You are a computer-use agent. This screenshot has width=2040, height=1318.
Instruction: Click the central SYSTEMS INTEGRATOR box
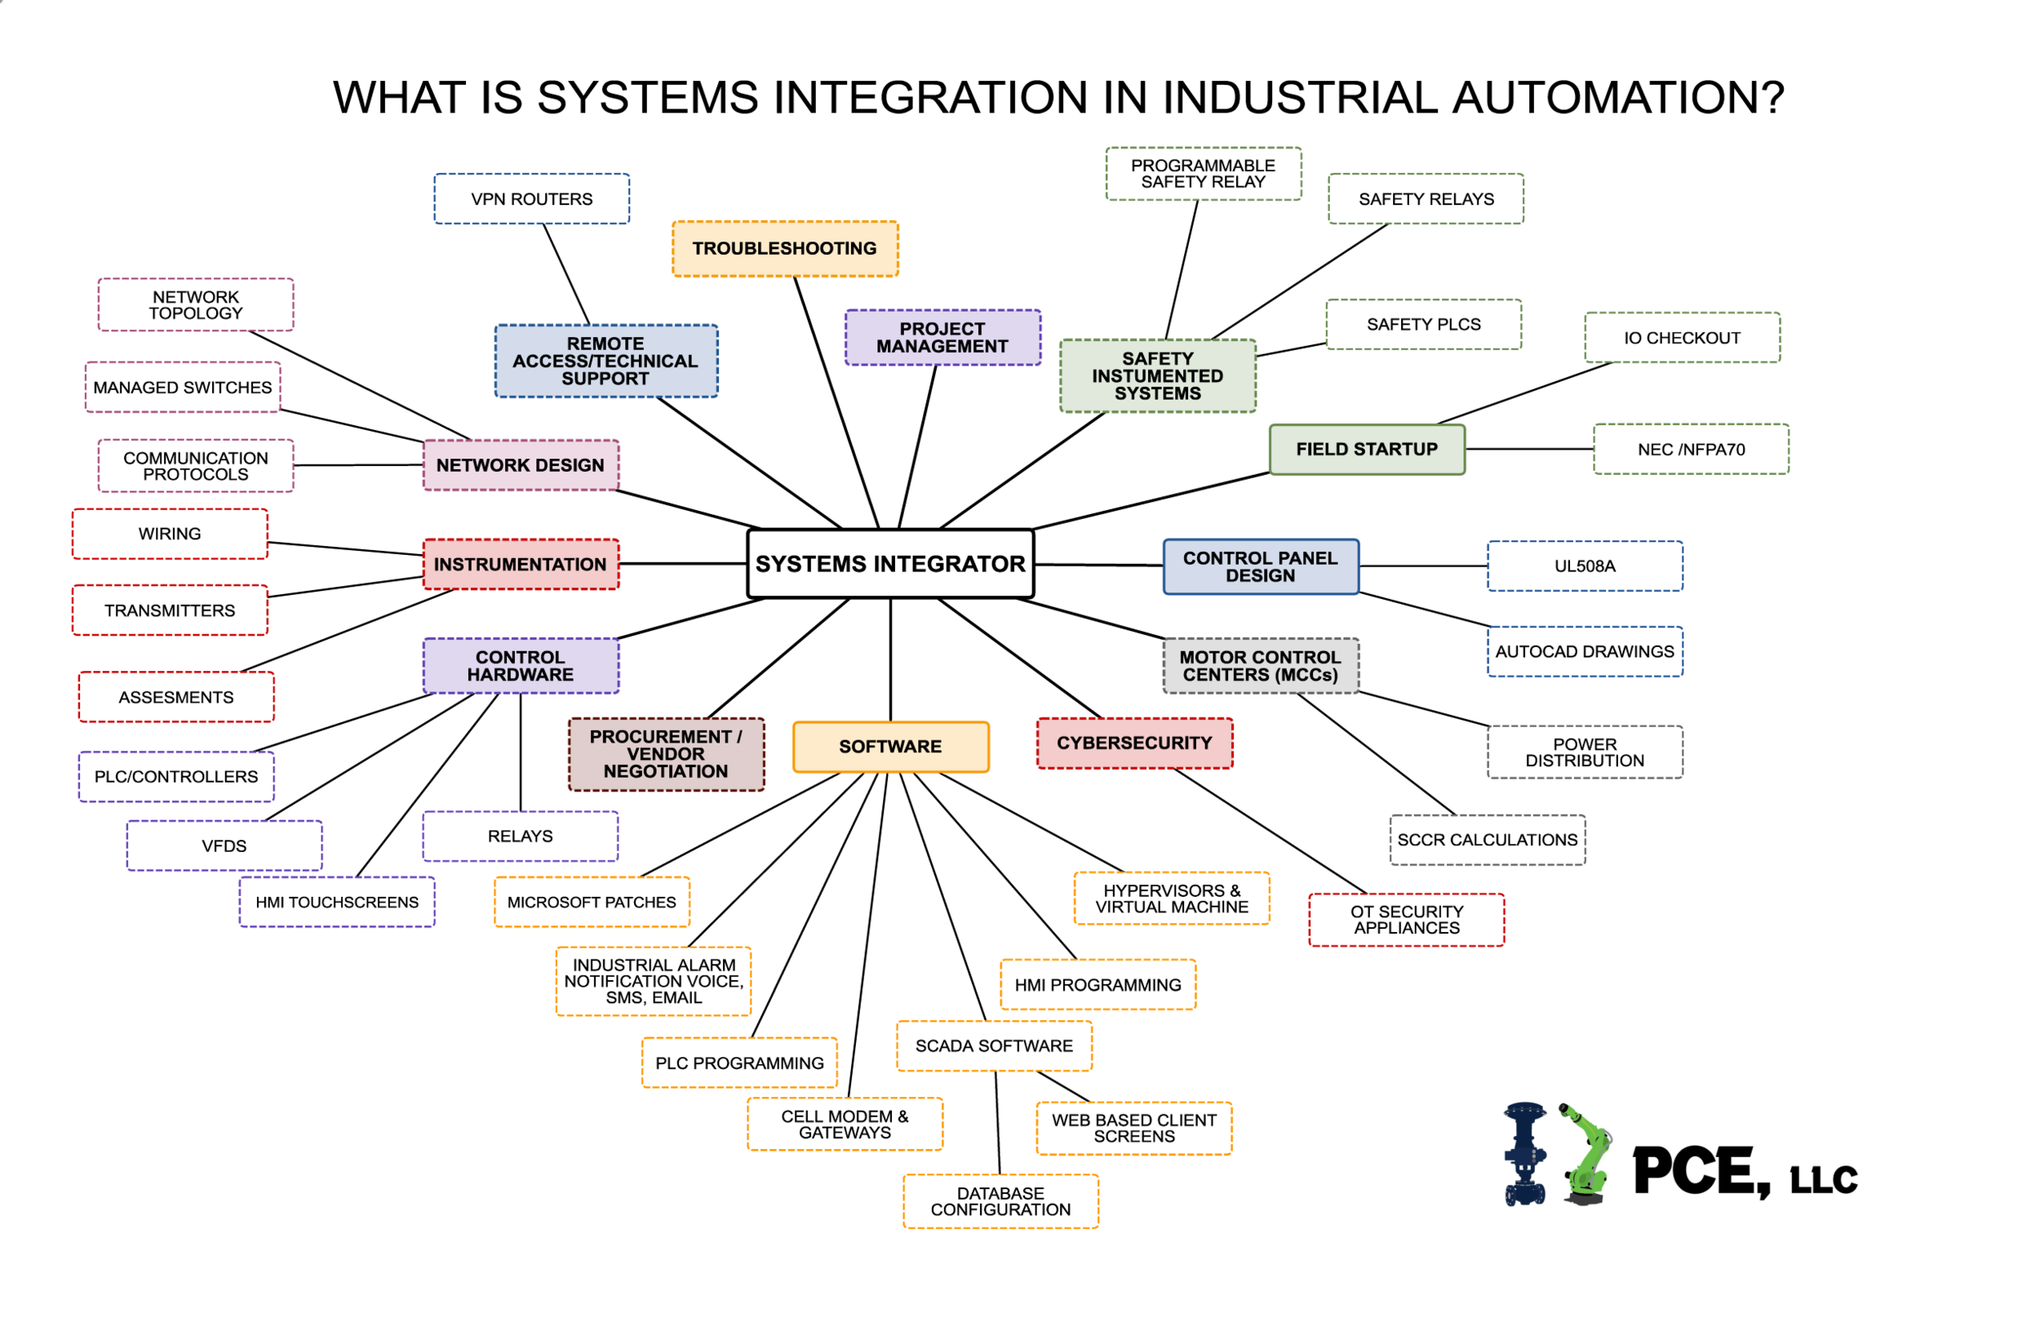coord(890,563)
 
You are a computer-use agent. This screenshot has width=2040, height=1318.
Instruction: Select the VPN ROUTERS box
coord(531,198)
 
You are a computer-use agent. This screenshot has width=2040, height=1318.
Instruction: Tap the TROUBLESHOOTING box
coord(785,248)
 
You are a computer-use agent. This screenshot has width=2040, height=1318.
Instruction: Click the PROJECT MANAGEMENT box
coord(942,337)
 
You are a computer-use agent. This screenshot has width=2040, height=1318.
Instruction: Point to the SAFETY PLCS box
coord(1423,324)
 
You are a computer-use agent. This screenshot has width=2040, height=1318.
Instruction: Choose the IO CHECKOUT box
coord(1682,337)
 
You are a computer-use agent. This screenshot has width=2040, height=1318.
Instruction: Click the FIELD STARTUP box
coord(1367,450)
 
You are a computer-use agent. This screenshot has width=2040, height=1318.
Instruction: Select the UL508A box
coord(1585,566)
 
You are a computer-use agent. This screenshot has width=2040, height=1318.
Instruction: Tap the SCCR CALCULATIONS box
coord(1488,840)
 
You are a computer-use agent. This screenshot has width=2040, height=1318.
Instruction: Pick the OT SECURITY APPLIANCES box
coord(1406,920)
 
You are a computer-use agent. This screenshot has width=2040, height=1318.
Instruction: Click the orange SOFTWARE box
coord(890,746)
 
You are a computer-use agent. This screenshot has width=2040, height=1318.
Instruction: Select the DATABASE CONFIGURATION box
coord(1000,1200)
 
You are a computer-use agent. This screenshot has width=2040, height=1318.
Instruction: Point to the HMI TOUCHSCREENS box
coord(337,902)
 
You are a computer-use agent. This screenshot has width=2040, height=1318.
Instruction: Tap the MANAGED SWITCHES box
coord(182,388)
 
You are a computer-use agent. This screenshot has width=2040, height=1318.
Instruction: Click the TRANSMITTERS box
coord(170,610)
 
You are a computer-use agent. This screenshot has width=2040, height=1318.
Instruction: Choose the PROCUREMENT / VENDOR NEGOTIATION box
coord(666,754)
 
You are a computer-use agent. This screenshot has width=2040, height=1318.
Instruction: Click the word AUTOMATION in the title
coord(1617,98)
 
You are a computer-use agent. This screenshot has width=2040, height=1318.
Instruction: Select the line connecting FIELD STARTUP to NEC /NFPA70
coord(1529,449)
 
